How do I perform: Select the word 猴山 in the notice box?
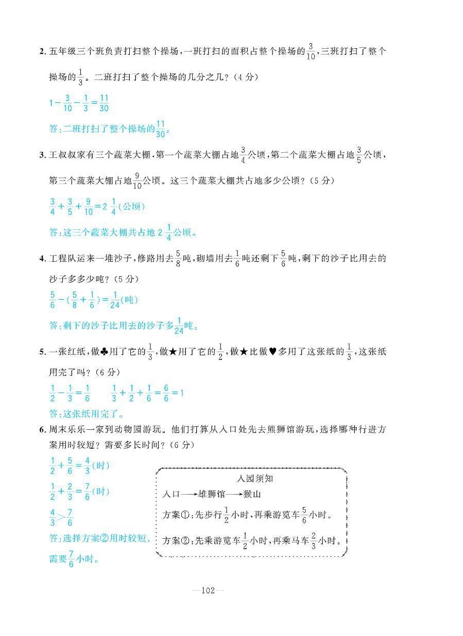pyautogui.click(x=252, y=494)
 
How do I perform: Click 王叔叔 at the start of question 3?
pyautogui.click(x=62, y=155)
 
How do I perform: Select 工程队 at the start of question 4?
pyautogui.click(x=62, y=259)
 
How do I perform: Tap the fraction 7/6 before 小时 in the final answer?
pyautogui.click(x=71, y=559)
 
